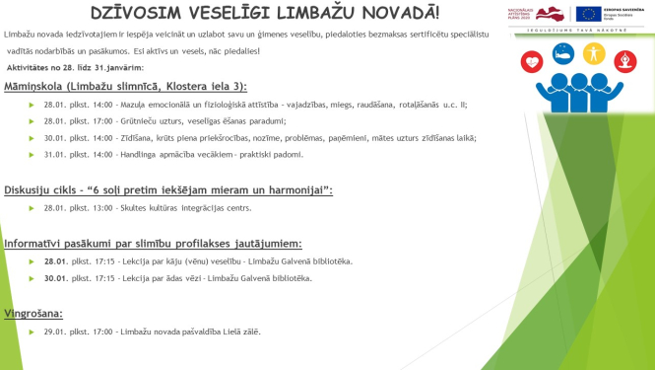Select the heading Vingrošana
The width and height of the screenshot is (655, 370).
click(34, 313)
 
